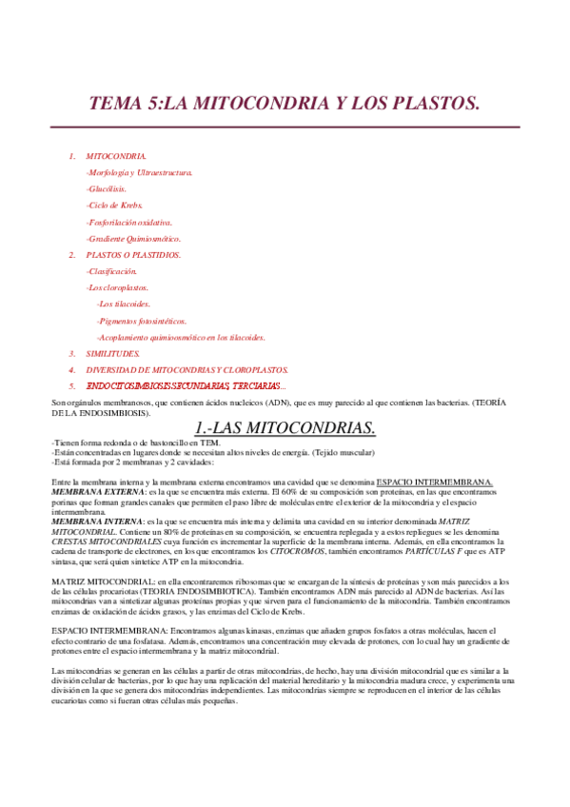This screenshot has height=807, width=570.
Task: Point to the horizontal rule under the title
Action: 285,126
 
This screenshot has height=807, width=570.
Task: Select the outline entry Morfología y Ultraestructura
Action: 139,172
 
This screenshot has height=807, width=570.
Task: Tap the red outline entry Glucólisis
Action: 106,188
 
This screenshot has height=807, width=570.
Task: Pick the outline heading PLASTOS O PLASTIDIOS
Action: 133,254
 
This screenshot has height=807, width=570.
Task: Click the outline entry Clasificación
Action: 111,271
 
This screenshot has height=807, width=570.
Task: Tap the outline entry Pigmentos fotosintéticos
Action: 142,321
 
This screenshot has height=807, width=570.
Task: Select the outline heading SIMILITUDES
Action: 112,353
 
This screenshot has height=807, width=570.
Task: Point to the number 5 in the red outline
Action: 72,385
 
